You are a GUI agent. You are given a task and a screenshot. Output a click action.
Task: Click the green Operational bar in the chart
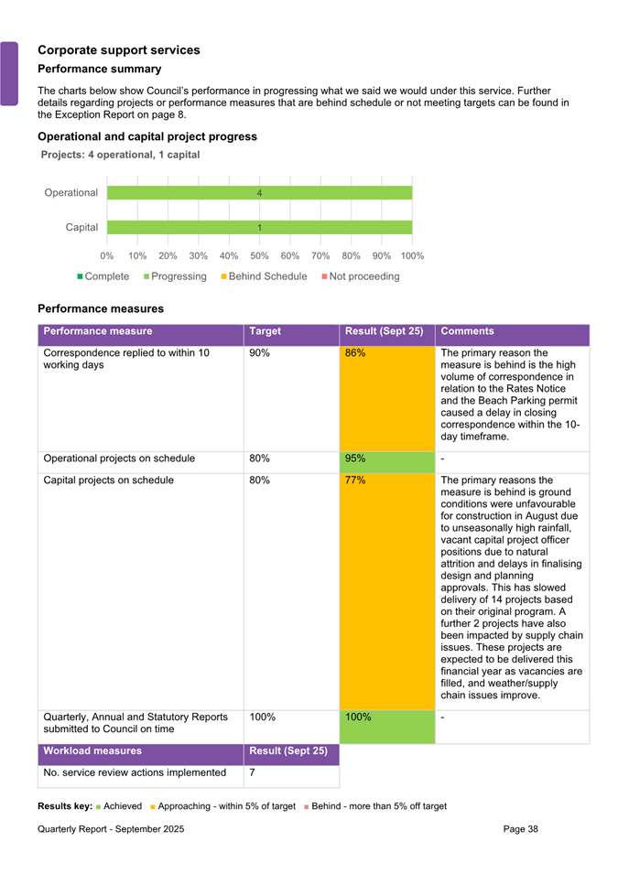259,193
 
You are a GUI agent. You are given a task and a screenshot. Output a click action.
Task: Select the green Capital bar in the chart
259,227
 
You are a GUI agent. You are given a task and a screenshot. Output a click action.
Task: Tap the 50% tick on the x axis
259,256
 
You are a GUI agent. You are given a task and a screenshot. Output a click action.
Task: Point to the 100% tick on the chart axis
412,256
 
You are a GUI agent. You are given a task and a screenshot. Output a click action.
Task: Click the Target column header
265,331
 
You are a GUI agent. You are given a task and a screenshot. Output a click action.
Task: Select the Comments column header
467,331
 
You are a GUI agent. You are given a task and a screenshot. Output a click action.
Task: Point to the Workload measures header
92,751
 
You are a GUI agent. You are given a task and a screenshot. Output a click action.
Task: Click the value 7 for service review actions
253,773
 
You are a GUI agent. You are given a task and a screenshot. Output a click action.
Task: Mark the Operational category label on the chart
70,193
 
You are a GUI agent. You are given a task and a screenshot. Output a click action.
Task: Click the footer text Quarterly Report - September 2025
111,829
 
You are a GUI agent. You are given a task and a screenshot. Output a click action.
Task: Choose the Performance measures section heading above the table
101,308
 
